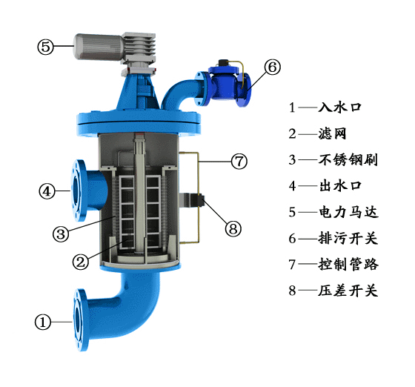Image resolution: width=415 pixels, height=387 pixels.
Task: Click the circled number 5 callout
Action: click(45, 47)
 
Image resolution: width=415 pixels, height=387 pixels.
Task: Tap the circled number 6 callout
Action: click(273, 67)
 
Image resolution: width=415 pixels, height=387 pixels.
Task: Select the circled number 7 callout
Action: click(239, 161)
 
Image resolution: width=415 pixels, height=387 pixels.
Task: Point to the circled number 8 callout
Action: click(233, 228)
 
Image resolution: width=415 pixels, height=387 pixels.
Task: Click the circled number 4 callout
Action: click(47, 191)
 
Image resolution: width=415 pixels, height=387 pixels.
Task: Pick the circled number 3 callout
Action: click(61, 234)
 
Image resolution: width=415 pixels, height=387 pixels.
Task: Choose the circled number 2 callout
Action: click(81, 262)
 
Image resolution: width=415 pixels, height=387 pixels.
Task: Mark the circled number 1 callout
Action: click(43, 322)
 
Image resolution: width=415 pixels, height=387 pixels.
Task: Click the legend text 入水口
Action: click(340, 107)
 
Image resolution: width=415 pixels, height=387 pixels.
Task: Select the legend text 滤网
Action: click(333, 133)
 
